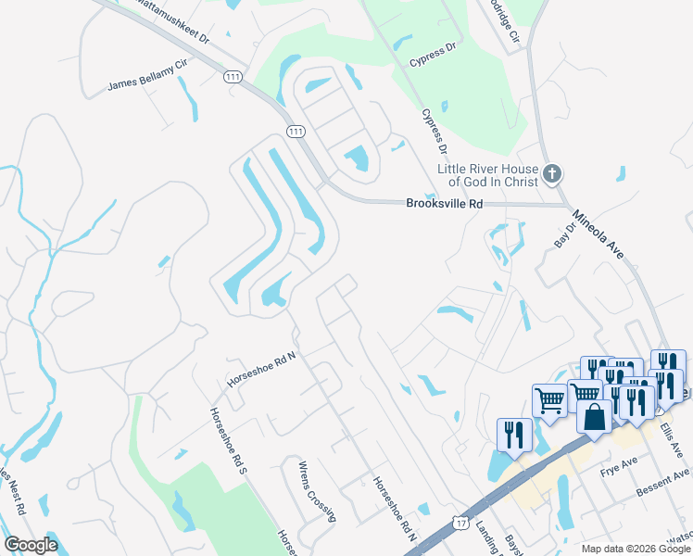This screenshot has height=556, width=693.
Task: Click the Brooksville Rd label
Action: [445, 204]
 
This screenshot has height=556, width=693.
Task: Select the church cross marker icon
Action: [552, 173]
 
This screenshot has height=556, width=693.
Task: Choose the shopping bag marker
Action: [594, 416]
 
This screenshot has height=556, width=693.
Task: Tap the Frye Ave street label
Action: [619, 462]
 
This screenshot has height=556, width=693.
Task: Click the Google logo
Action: [31, 545]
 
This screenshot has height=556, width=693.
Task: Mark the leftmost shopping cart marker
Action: [549, 400]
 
